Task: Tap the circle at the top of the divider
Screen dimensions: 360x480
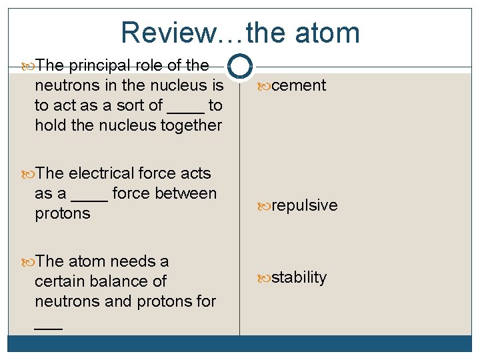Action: (x=239, y=66)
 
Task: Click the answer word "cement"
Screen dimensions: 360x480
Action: (x=299, y=86)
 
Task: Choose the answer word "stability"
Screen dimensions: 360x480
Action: (x=299, y=277)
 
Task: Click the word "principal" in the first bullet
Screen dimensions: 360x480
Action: (x=99, y=66)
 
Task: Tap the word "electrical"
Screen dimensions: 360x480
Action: (x=101, y=174)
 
